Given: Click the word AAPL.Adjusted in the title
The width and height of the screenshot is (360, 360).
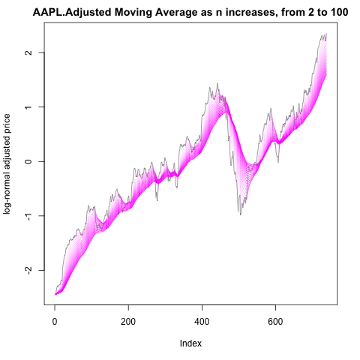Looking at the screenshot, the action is tap(72, 13).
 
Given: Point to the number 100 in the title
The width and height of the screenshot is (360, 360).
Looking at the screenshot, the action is tap(338, 12).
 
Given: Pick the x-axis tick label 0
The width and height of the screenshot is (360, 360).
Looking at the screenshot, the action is tap(55, 322).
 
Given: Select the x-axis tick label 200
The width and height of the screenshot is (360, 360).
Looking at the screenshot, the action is tap(128, 322).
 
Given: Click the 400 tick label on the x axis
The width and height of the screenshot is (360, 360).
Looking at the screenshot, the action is tap(202, 322).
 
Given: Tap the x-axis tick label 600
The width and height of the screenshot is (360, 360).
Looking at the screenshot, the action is tap(275, 322).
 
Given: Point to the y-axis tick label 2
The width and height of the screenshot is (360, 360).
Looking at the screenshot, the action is tap(28, 52).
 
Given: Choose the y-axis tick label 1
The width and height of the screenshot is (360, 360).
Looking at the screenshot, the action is tap(28, 107).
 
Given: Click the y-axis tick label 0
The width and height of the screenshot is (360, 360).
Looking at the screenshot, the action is tap(28, 161).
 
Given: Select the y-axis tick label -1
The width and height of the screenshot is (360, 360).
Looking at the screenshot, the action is tap(28, 217).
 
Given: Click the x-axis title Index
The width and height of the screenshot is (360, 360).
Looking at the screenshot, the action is tap(190, 343).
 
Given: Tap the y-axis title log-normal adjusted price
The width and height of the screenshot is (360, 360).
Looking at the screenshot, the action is tap(7, 164).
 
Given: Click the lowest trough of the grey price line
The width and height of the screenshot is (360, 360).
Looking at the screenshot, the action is tap(241, 214).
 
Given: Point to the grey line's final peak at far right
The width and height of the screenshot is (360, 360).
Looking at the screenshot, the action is tap(326, 34).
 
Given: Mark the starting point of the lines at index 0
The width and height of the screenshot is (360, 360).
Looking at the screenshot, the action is tap(55, 294).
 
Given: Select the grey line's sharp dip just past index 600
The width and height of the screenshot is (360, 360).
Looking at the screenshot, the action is tap(278, 163).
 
